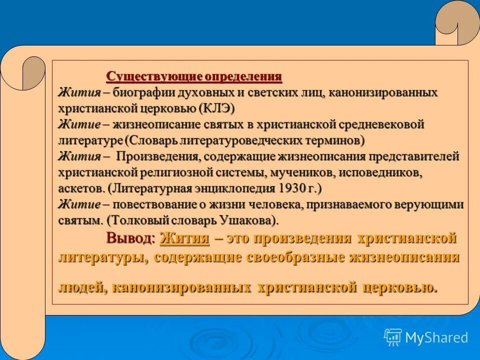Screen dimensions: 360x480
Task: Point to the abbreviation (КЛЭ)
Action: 216,108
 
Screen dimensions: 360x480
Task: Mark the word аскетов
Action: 80,188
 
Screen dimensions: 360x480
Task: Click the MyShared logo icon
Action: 393,337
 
